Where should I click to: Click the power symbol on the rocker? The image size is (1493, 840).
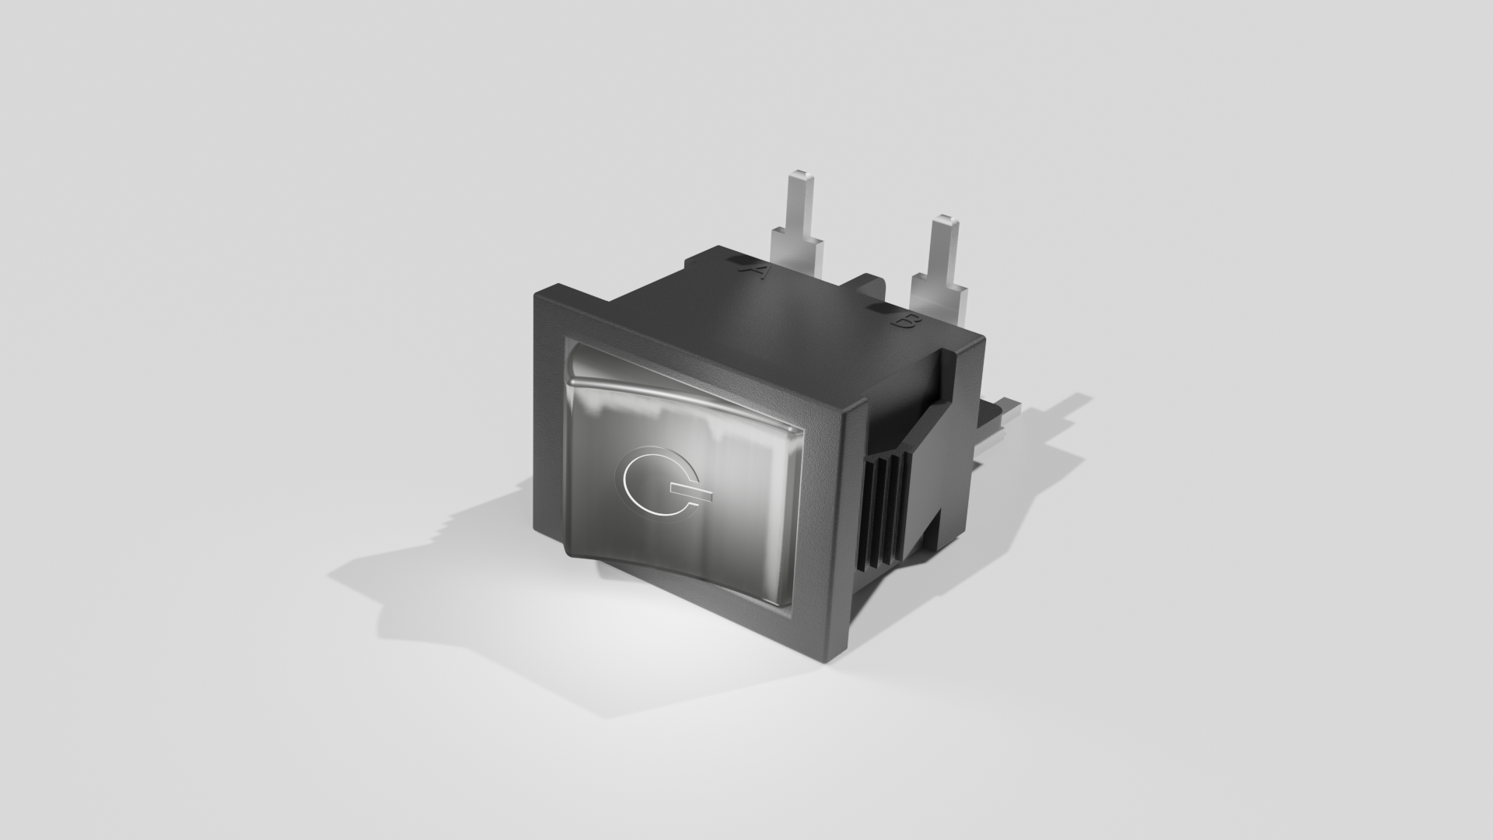[657, 482]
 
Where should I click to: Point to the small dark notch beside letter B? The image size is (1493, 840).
[881, 310]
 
